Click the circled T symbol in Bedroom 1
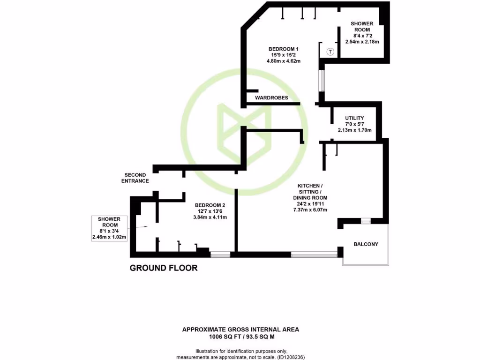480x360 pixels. pos(330,52)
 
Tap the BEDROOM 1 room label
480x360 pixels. pos(284,49)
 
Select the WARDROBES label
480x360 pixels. pos(271,98)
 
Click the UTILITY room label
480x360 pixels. pos(354,118)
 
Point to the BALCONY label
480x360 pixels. pos(366,244)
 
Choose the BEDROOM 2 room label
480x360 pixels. pos(210,205)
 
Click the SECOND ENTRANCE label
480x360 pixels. pos(135,178)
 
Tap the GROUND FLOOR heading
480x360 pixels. pos(163,268)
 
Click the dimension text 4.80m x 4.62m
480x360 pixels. pos(284,60)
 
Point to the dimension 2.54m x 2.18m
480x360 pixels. pos(362,42)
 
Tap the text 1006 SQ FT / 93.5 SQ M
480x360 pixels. pos(240,336)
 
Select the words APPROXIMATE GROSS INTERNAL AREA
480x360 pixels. pos(240,330)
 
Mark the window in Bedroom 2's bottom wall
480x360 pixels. pos(220,255)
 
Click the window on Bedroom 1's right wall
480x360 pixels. pos(321,80)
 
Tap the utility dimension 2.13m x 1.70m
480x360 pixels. pos(354,130)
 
